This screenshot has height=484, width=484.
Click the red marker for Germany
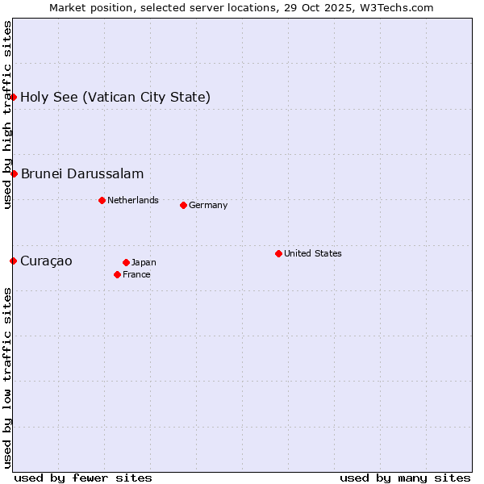pyautogui.click(x=183, y=205)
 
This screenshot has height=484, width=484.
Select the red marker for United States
pyautogui.click(x=278, y=253)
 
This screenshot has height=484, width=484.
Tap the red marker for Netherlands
pyautogui.click(x=102, y=200)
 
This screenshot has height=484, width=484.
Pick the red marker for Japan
pyautogui.click(x=126, y=262)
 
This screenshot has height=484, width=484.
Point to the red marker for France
pyautogui.click(x=117, y=274)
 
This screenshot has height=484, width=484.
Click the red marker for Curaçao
pyautogui.click(x=13, y=261)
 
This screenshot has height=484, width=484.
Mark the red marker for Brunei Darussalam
pyautogui.click(x=14, y=173)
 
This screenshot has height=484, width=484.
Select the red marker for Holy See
pyautogui.click(x=13, y=97)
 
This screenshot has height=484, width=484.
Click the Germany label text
pyautogui.click(x=208, y=205)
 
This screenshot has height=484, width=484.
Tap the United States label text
pyautogui.click(x=313, y=253)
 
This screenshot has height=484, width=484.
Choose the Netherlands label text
pyautogui.click(x=133, y=200)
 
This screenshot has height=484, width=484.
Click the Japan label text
pyautogui.click(x=144, y=262)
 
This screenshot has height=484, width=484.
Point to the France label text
pyautogui.click(x=136, y=274)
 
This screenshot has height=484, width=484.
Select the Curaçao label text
pyautogui.click(x=46, y=261)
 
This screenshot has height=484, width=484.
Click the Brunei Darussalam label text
pyautogui.click(x=82, y=173)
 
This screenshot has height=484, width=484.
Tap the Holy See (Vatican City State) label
pyautogui.click(x=115, y=97)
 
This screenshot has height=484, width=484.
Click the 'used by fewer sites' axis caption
pyautogui.click(x=83, y=478)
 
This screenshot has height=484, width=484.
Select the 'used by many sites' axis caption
pyautogui.click(x=405, y=478)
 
